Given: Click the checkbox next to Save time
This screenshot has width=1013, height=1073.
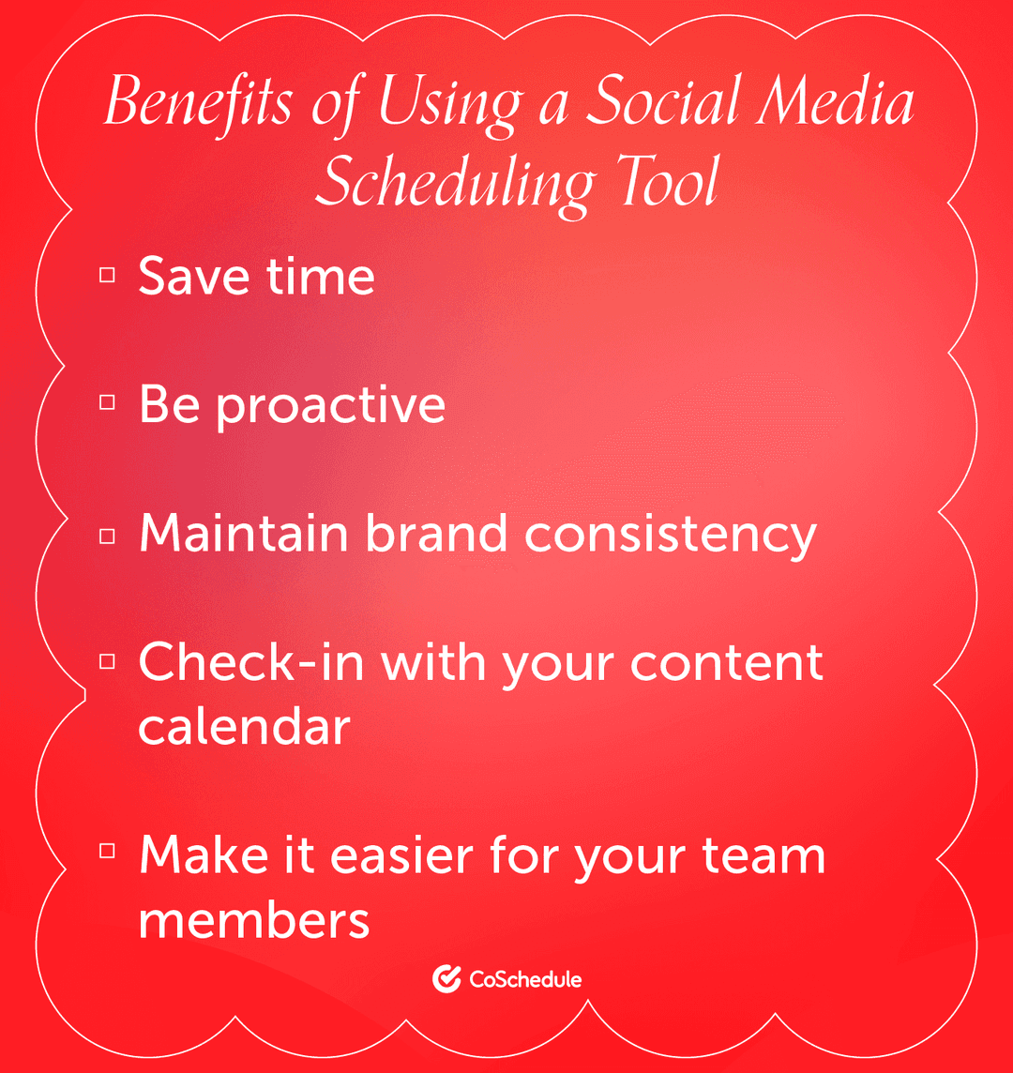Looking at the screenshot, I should [107, 275].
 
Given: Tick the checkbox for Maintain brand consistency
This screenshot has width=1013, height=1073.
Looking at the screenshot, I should [107, 534].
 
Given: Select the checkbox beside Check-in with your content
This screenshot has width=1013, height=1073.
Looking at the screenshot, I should [107, 661].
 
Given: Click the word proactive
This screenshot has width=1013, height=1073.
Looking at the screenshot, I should [331, 405].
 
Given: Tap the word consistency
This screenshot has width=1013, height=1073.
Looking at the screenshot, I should [671, 535].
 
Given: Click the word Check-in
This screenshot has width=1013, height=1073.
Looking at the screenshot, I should [252, 662].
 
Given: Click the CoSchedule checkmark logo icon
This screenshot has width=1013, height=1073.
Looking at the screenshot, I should [446, 979].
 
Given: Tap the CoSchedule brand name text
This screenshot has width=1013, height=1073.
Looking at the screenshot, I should [525, 980].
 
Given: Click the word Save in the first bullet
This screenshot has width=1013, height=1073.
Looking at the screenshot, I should [193, 277].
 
